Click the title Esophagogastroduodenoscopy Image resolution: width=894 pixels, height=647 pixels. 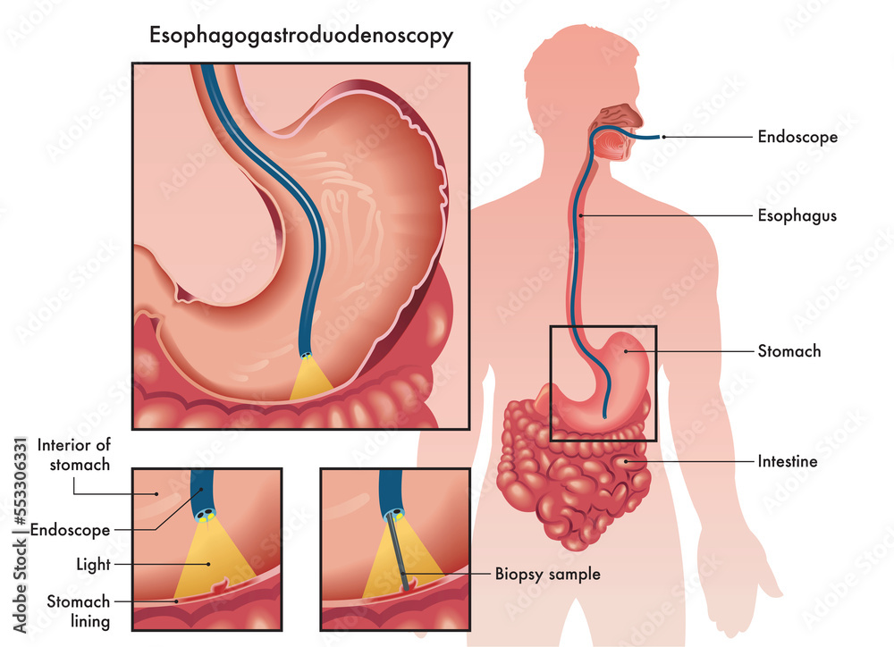pos(301,37)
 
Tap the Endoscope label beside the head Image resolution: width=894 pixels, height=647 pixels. pos(797,137)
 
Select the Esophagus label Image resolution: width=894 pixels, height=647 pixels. pos(797,215)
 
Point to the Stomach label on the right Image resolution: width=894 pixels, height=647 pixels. pos(789,351)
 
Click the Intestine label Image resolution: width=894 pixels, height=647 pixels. pos(788,462)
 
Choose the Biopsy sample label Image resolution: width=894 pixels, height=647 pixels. pos(547,574)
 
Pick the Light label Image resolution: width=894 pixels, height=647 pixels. pos(93,565)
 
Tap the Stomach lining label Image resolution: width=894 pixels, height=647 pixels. pos(79,611)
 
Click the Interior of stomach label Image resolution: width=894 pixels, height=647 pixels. pos(74,454)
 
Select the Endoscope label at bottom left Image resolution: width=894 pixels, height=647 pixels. pos(70,530)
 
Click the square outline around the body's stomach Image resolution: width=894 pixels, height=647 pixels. pos(551,383)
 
